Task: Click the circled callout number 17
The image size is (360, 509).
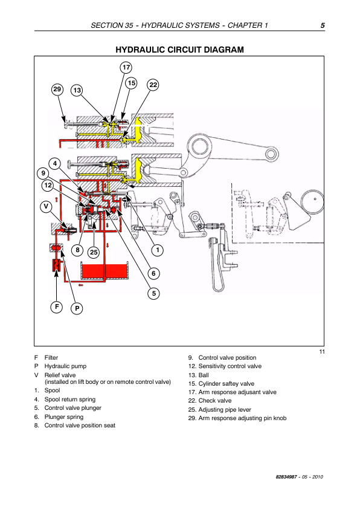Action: (x=126, y=68)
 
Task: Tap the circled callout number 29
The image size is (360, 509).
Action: (x=57, y=89)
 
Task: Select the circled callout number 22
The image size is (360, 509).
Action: (x=153, y=85)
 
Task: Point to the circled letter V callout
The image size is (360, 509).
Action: (x=46, y=207)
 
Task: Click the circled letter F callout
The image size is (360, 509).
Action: (x=57, y=306)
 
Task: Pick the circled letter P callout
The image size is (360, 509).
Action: (x=77, y=308)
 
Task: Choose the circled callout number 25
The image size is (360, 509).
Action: (x=94, y=252)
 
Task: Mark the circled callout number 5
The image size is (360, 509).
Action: (x=154, y=293)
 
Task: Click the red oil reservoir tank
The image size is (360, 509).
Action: (x=104, y=271)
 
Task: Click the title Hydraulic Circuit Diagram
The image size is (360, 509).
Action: (x=179, y=50)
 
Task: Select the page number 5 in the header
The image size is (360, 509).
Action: (x=323, y=25)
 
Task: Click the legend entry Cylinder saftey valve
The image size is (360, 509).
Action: (x=226, y=384)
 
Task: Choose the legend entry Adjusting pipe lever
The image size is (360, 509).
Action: (x=225, y=410)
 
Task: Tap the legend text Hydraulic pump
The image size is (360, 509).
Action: (x=65, y=366)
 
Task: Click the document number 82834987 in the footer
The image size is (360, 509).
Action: (x=286, y=477)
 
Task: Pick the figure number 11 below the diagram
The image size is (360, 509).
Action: (x=322, y=352)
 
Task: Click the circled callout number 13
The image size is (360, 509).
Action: (x=77, y=90)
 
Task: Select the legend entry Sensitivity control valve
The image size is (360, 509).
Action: (x=230, y=366)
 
